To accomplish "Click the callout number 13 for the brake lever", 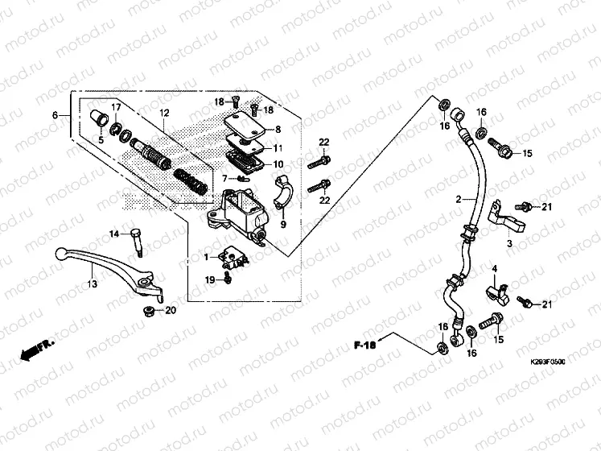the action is click(x=92, y=283).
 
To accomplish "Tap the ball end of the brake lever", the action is click(x=62, y=254).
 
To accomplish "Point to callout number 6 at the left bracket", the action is click(x=56, y=116).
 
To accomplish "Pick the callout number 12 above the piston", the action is click(x=164, y=113).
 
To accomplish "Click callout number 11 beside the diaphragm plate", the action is click(x=278, y=149).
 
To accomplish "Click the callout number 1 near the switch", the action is click(x=205, y=257).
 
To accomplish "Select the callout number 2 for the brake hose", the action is click(x=459, y=198).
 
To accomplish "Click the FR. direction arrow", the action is click(x=36, y=348).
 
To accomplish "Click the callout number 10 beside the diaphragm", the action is click(x=278, y=164).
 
